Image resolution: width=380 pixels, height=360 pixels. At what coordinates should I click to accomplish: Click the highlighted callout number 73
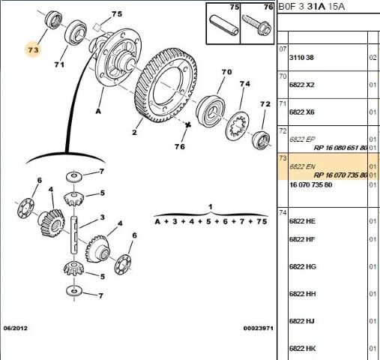coord(33,50)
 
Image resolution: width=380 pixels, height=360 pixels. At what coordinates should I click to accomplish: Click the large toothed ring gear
coord(166,85)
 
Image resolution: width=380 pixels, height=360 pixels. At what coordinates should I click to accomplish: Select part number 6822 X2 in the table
coord(301,85)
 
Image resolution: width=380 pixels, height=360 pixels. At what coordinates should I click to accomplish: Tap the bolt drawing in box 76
coord(256,25)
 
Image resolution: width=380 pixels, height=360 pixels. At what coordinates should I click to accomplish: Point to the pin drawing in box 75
coord(223,26)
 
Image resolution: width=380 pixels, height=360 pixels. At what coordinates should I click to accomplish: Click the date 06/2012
coord(15,328)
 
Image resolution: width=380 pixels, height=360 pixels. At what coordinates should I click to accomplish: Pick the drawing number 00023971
coord(259,328)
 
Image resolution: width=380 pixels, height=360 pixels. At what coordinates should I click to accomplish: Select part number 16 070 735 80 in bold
coord(310,184)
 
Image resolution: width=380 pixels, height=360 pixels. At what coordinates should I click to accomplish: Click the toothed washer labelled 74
coord(238,126)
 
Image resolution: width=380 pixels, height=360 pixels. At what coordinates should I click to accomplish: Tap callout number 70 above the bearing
coord(226,72)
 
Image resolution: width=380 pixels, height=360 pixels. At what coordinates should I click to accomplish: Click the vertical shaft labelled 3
coord(74,235)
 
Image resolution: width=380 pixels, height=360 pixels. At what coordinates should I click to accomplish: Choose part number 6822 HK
coord(302,348)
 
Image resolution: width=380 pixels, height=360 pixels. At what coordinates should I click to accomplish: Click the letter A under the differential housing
coord(98,111)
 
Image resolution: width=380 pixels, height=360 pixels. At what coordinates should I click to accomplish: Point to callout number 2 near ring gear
coord(134,132)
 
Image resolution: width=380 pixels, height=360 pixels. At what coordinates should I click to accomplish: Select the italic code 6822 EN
coord(302,166)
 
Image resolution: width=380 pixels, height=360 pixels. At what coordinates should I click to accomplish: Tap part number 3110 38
coord(301,58)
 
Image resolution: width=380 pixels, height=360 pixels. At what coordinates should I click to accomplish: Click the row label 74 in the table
coord(283,213)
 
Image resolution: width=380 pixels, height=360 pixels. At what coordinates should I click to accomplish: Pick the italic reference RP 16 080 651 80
coord(340,148)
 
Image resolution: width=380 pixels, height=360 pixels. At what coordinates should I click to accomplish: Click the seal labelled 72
coord(261,140)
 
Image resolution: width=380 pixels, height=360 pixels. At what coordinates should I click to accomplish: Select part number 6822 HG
coord(303,266)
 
